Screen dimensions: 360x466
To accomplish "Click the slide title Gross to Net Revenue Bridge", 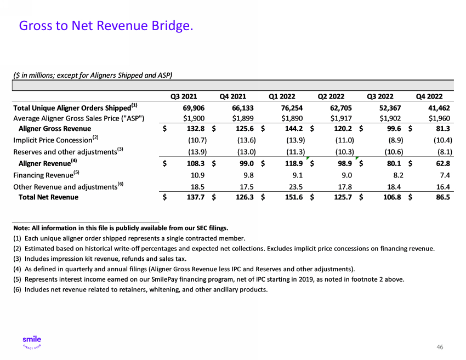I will click(x=106, y=25).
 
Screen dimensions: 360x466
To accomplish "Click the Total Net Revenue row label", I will click(x=48, y=197).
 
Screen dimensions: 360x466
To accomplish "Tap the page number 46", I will click(x=440, y=346).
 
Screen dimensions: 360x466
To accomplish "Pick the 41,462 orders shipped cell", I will click(x=437, y=107).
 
